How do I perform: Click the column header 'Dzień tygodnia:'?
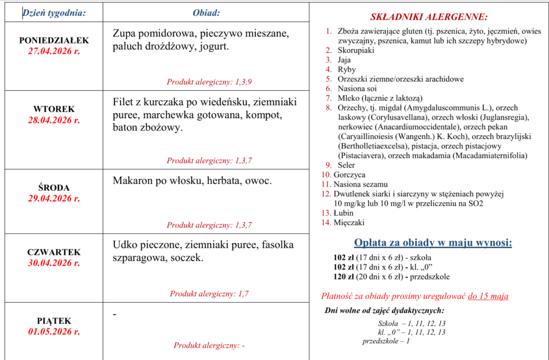point(54,13)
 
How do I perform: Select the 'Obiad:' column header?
point(206,13)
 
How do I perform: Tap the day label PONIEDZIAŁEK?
point(54,41)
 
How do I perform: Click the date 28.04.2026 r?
point(54,120)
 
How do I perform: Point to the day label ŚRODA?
point(54,188)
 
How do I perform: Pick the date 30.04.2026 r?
point(54,263)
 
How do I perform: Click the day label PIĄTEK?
point(54,321)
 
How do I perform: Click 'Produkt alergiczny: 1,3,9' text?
point(209,82)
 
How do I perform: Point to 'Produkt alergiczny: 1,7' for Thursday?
point(209,293)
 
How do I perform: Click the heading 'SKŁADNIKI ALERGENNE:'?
point(429,17)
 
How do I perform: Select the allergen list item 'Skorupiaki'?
point(356,50)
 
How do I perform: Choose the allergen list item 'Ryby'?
point(347,70)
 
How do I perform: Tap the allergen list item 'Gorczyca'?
point(349,175)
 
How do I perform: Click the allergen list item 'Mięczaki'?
point(348,223)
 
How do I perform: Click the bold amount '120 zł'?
point(344,277)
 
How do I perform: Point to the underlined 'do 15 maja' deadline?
point(487,296)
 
